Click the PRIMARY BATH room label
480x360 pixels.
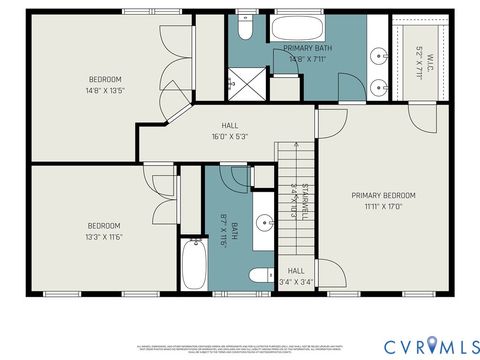(x=307, y=48)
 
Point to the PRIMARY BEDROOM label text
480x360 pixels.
(x=383, y=196)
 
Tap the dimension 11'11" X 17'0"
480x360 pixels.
(x=383, y=208)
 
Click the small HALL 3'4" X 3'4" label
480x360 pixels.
(x=296, y=276)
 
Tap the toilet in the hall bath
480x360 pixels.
(x=259, y=276)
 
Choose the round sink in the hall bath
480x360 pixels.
(x=262, y=223)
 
